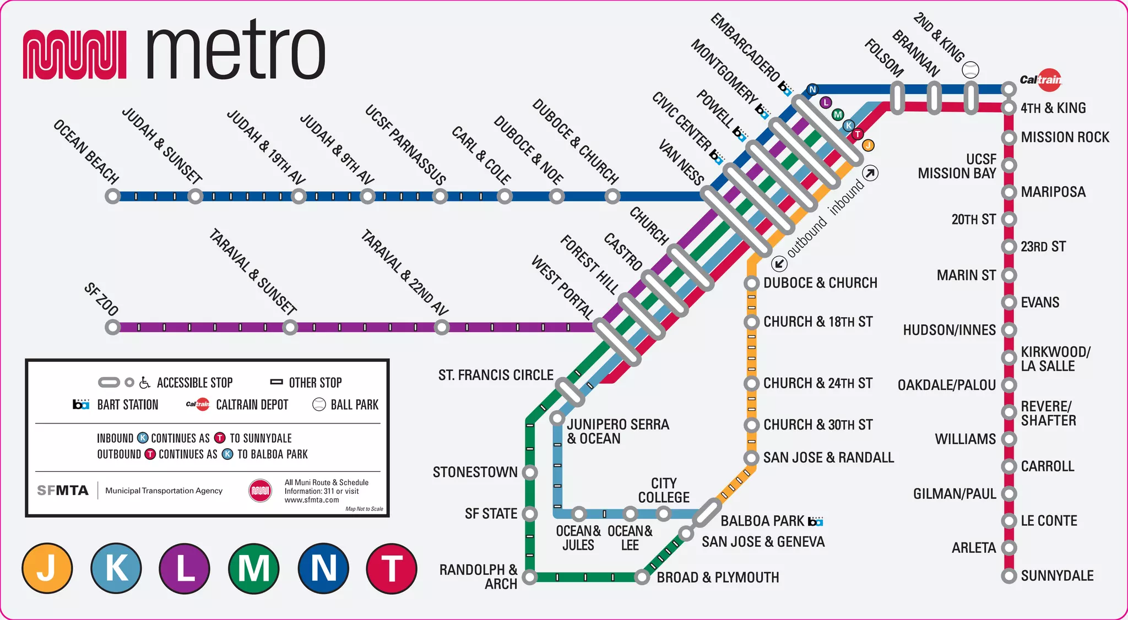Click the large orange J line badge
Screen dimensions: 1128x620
coord(47,569)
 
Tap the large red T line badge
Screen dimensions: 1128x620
coord(392,569)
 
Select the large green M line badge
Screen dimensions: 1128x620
coord(254,569)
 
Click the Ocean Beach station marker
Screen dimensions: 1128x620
coord(113,196)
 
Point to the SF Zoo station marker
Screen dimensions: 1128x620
coord(113,328)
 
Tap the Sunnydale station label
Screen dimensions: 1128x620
coord(1057,576)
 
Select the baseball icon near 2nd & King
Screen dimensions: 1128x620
coord(970,70)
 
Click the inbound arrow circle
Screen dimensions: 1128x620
coord(870,173)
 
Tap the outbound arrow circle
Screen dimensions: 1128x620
coord(779,264)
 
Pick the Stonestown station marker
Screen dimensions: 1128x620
coord(530,472)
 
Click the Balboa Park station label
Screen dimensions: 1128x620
coord(763,521)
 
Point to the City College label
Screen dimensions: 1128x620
coord(664,490)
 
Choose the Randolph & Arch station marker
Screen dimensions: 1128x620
coord(530,577)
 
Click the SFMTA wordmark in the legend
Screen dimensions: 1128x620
coord(63,491)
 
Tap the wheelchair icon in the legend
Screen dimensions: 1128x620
coord(145,383)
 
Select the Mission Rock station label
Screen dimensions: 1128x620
coord(1065,137)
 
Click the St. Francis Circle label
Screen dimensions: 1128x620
coord(496,376)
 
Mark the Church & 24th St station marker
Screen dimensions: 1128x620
coord(752,383)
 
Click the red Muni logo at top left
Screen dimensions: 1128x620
coord(75,54)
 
